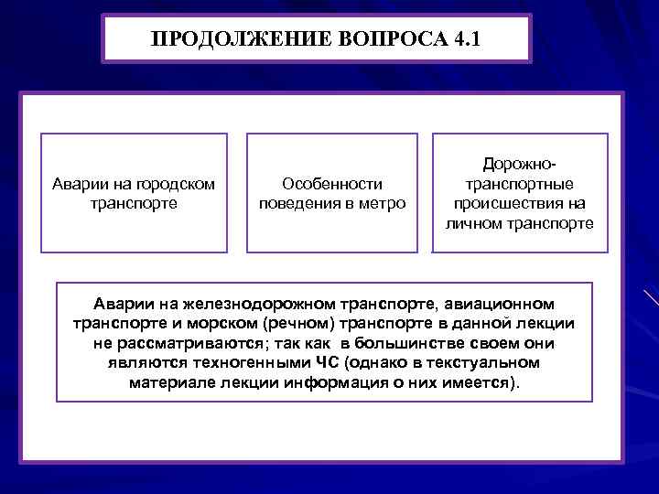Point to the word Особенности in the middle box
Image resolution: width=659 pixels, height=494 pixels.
click(332, 184)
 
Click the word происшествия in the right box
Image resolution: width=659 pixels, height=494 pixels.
click(519, 202)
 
